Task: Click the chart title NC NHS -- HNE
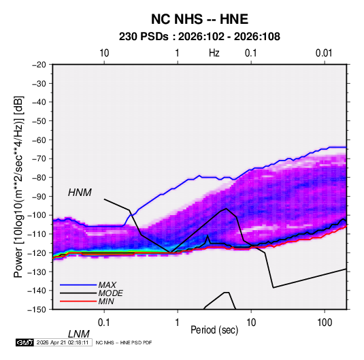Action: tap(199, 19)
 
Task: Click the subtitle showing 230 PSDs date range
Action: tap(199, 37)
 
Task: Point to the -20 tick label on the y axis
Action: tap(39, 65)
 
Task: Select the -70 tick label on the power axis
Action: tap(39, 159)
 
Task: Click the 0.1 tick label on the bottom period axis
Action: tap(104, 323)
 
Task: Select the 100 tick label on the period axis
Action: tap(325, 323)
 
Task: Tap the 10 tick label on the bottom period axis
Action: tap(251, 323)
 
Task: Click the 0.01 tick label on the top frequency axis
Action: tap(324, 53)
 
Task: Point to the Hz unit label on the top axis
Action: tap(214, 53)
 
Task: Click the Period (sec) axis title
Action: tap(214, 330)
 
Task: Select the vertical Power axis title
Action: tap(18, 187)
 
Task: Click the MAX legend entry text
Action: tap(107, 285)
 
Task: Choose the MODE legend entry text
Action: tap(110, 293)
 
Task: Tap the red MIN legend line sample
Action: tap(78, 301)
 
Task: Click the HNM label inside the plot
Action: tap(80, 193)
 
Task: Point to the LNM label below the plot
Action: tap(79, 334)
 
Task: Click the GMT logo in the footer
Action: tap(25, 342)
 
